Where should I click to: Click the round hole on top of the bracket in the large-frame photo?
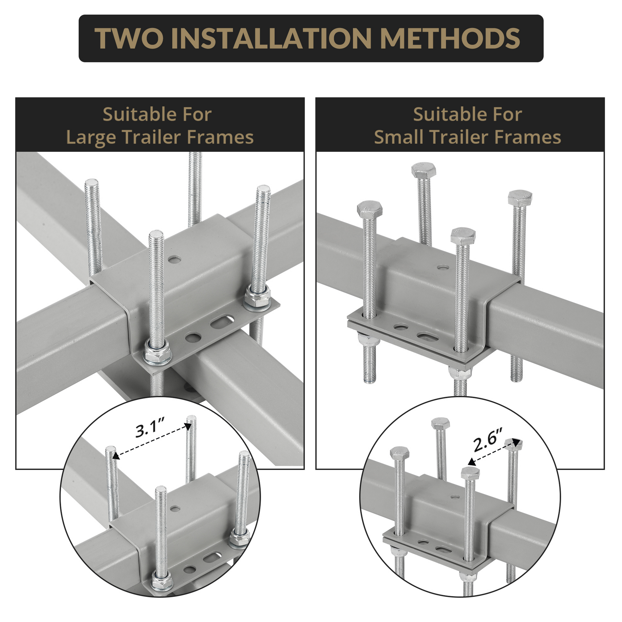175,259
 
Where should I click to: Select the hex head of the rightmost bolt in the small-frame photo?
520,197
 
